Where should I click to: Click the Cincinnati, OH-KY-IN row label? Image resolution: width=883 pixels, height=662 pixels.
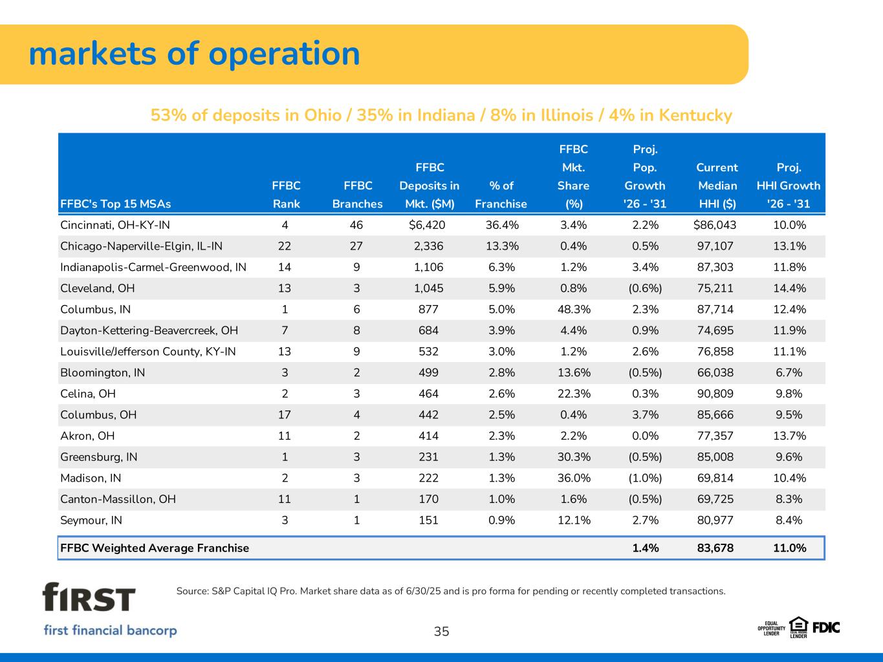tap(115, 225)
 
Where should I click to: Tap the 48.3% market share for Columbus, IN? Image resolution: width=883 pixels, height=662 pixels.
tap(574, 309)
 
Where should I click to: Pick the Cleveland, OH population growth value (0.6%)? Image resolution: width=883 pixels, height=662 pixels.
tap(645, 288)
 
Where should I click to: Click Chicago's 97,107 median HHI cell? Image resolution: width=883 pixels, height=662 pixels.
tap(715, 246)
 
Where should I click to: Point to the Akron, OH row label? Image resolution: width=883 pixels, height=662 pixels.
tap(87, 436)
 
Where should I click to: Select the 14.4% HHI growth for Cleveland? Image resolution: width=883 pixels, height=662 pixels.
tap(789, 288)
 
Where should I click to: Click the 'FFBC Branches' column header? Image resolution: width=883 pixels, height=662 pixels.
tap(357, 195)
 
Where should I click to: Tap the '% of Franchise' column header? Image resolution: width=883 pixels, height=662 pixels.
tap(501, 195)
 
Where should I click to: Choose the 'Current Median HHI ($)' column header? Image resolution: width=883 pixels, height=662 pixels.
tap(716, 186)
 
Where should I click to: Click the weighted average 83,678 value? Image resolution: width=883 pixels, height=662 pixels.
tap(715, 548)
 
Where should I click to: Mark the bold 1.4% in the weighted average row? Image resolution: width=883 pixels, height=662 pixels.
tap(645, 548)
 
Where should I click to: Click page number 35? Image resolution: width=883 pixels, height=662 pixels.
tap(441, 632)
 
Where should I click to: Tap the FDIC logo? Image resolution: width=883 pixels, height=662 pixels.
tap(826, 627)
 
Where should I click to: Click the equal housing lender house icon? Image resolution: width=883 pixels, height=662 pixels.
tap(798, 625)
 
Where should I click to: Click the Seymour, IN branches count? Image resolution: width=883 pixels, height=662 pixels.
tap(356, 520)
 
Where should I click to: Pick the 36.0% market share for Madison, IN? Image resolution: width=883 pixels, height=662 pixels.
tap(574, 478)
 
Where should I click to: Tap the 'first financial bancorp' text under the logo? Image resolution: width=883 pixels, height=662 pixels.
tap(110, 630)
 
